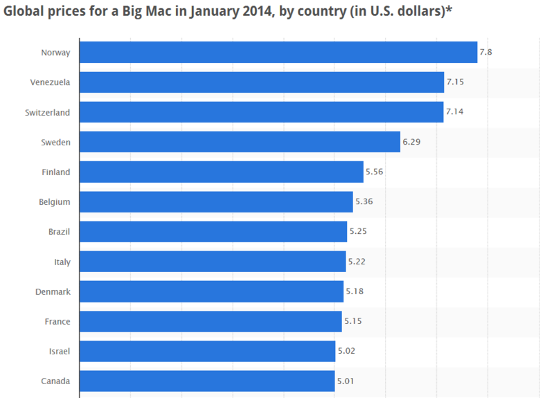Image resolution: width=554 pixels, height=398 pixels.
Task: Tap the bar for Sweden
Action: [240, 142]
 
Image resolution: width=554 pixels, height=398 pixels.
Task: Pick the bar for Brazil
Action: [213, 232]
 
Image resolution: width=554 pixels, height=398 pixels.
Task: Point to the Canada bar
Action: [207, 381]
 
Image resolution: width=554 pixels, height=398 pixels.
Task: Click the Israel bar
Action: [208, 351]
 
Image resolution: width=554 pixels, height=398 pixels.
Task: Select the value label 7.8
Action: [486, 53]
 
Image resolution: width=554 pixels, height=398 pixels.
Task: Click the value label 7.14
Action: [455, 112]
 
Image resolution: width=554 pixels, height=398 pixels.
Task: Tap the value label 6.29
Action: [411, 142]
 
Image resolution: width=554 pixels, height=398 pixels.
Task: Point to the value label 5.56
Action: [375, 172]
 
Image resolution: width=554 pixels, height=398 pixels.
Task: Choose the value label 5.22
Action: [357, 262]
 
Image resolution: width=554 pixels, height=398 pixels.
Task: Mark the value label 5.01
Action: [346, 381]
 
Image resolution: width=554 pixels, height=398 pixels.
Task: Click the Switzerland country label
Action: [47, 112]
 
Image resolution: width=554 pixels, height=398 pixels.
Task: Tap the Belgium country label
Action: [54, 202]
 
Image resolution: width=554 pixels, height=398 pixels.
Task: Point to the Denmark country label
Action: [53, 291]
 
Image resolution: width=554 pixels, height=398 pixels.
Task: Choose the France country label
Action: [57, 321]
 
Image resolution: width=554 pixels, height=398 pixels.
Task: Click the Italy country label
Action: [62, 262]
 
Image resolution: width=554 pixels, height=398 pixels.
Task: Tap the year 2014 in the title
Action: [242, 12]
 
